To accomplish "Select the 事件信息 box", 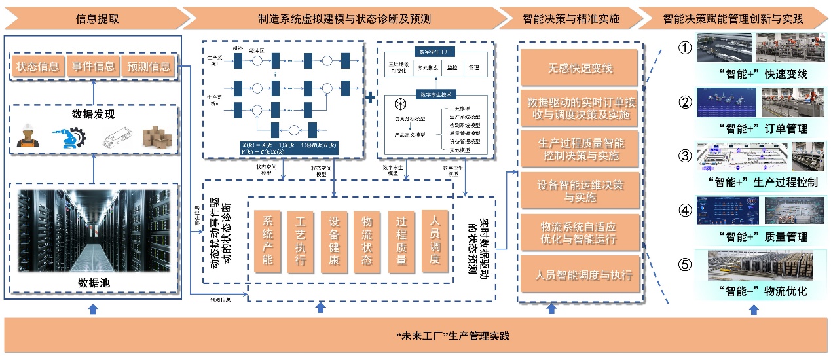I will (93, 66).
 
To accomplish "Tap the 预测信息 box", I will (147, 66).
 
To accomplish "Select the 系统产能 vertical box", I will (267, 241).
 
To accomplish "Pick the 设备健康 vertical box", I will (334, 241).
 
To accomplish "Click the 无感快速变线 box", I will (581, 68).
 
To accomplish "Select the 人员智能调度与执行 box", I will (581, 274).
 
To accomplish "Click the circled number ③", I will (684, 156).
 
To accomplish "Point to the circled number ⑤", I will (684, 264).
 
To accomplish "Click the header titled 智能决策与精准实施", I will (571, 18).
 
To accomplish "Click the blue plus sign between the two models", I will (370, 98).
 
